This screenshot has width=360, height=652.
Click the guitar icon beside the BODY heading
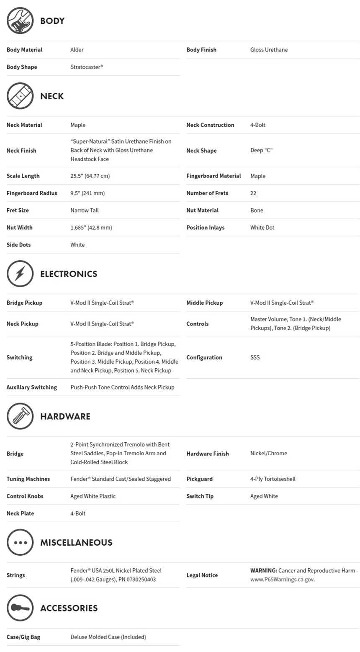click(20, 21)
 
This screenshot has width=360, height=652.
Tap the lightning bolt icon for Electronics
click(20, 274)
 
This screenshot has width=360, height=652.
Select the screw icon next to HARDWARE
click(20, 416)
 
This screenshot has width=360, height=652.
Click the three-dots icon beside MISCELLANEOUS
click(20, 542)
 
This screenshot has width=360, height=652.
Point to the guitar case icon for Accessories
click(20, 608)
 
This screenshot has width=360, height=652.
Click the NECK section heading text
click(52, 96)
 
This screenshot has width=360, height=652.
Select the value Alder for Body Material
click(77, 50)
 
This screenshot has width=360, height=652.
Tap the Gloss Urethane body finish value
click(269, 50)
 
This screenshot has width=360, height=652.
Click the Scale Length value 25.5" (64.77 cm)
click(90, 176)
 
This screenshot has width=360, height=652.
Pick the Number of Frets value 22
click(253, 193)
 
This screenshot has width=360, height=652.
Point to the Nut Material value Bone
click(257, 210)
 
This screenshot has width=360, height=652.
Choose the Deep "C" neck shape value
click(261, 150)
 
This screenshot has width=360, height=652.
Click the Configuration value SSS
click(255, 357)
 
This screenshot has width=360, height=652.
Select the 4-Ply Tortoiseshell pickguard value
click(273, 479)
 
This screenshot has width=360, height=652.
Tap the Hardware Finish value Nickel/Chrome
click(268, 453)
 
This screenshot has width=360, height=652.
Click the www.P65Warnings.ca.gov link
click(282, 580)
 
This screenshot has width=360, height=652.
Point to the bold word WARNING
click(263, 570)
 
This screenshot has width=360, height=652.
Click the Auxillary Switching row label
click(32, 387)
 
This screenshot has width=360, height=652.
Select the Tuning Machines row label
click(28, 479)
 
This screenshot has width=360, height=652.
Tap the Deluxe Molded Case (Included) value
click(108, 637)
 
